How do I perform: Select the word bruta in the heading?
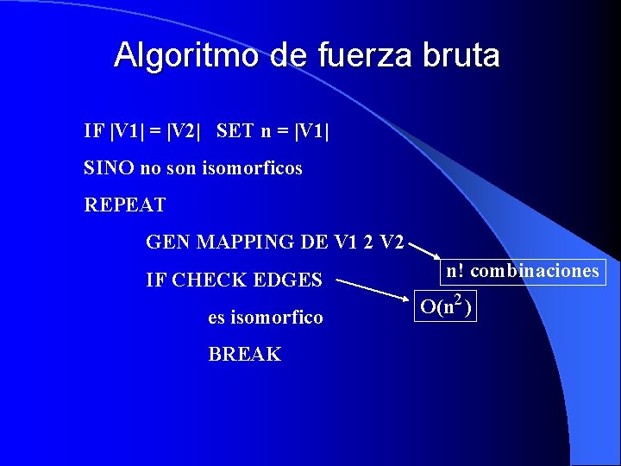(461, 56)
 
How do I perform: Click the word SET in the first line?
(235, 131)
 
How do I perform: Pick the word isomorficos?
(252, 168)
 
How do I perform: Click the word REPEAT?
(125, 206)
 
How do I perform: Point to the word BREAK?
(245, 355)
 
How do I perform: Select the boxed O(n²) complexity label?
(447, 306)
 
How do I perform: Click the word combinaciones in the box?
(535, 271)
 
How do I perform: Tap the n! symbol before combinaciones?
(455, 271)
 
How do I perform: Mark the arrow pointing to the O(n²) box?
(373, 289)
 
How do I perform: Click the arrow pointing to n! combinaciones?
(423, 251)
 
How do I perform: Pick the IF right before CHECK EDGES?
(156, 280)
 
